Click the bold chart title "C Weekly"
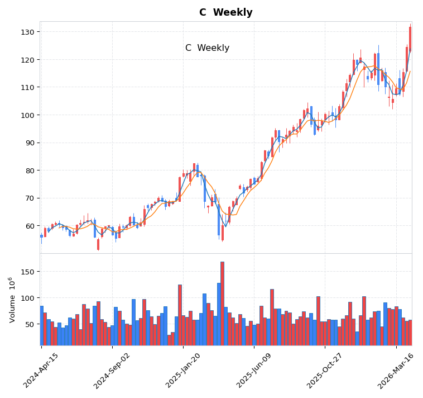click(225, 12)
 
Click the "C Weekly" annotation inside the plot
click(207, 48)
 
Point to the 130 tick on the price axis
click(27, 32)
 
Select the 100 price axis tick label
click(27, 115)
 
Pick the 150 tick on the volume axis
click(27, 272)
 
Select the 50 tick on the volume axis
click(30, 324)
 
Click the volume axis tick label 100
click(27, 298)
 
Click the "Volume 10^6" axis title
click(12, 300)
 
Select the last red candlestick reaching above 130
click(410, 39)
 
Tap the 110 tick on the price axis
click(27, 87)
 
